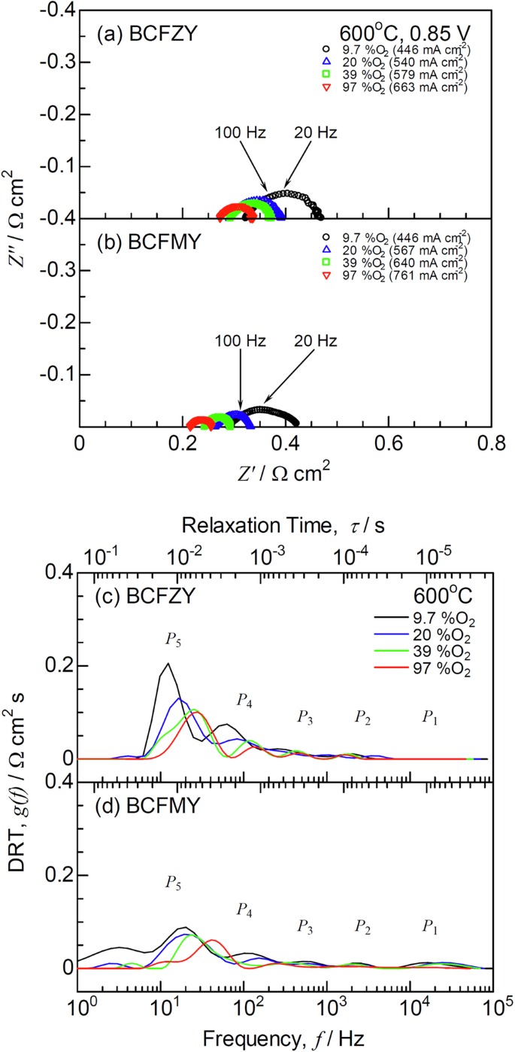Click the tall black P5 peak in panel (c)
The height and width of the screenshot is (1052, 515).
point(168,664)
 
